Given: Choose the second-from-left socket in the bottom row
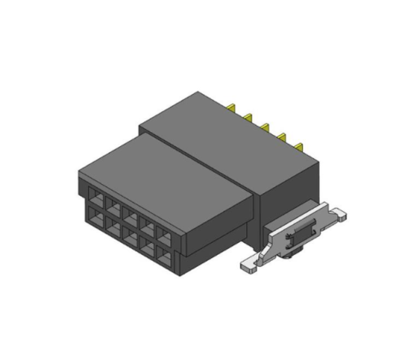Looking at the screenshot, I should tap(113, 225).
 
